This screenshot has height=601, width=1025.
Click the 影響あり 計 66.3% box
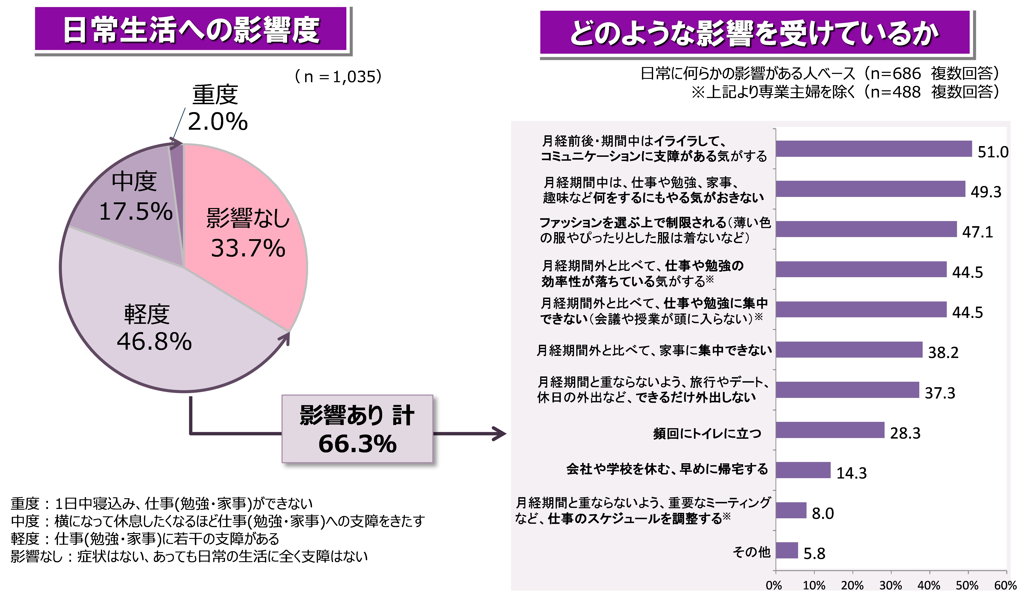[x=357, y=429]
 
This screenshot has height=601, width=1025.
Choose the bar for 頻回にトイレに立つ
[x=830, y=430]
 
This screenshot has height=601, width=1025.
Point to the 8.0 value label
[x=822, y=513]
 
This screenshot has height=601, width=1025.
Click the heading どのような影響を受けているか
[x=755, y=33]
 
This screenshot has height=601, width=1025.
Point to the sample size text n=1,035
[x=338, y=76]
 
